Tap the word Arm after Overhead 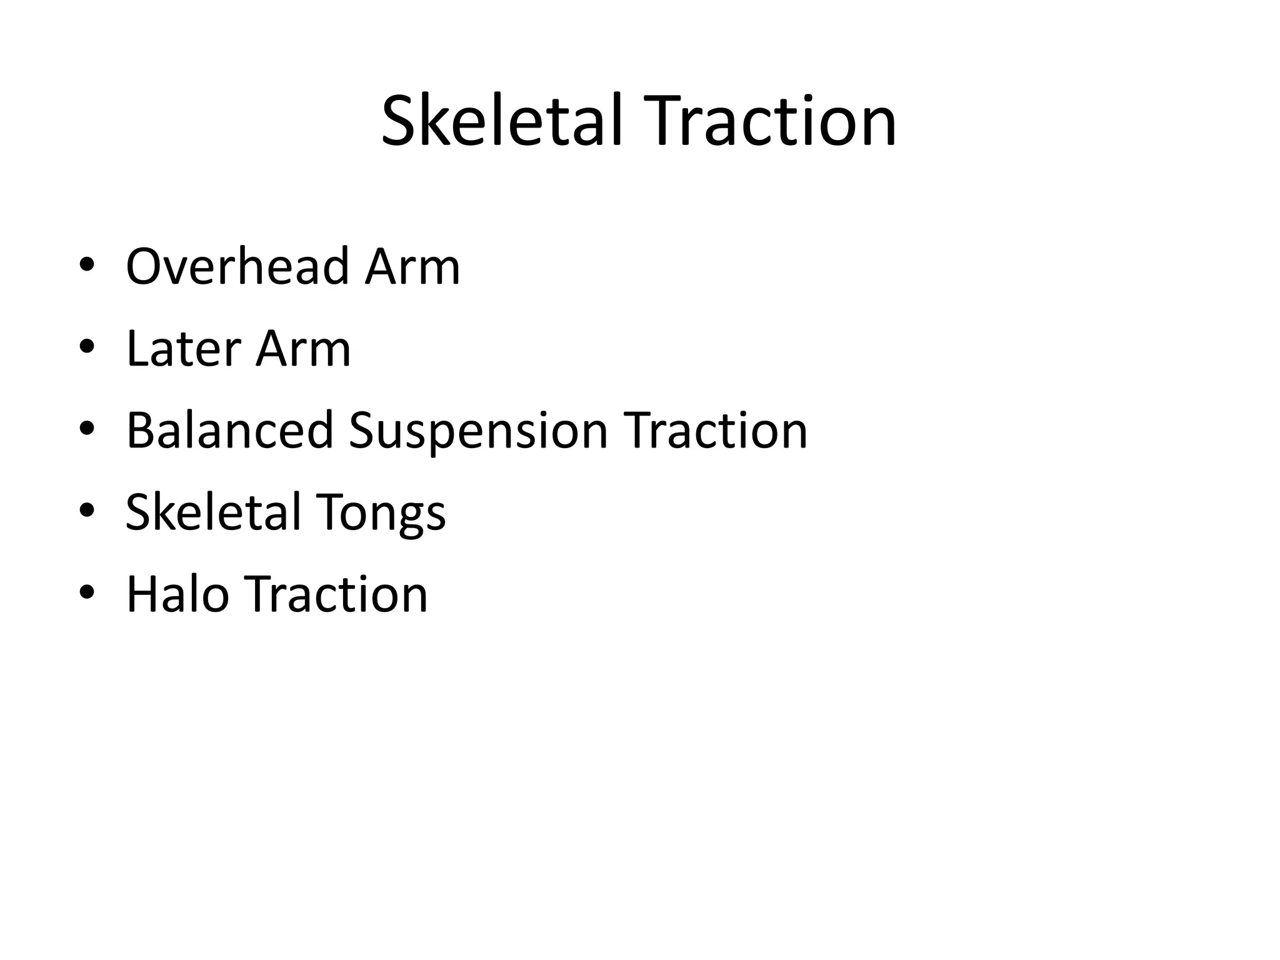coord(412,267)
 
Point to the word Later coord(182,349)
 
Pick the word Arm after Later coord(303,349)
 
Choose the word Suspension coord(478,431)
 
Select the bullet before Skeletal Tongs coord(87,511)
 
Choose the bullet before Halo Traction coord(87,592)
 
